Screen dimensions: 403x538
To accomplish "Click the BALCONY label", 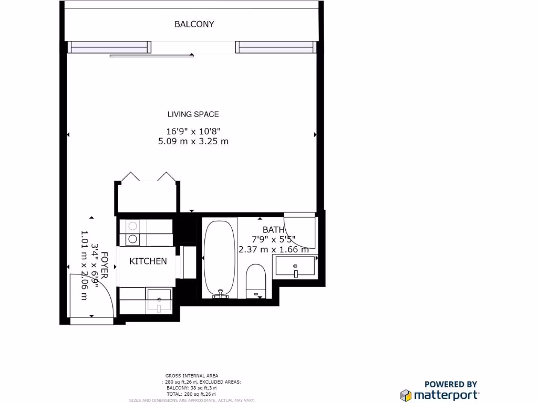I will (194, 24).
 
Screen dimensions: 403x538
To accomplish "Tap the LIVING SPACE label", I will (193, 114).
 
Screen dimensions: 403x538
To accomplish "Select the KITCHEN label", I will (148, 261).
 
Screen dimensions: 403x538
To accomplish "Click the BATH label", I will (273, 230).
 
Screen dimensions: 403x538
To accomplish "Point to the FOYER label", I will (104, 265).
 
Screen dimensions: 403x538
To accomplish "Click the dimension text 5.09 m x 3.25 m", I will (193, 141).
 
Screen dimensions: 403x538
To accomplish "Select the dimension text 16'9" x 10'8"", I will (193, 131).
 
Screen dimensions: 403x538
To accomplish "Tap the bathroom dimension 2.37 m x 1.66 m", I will (273, 250).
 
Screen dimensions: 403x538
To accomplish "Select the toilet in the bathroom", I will (256, 280).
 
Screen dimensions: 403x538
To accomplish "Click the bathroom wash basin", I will (295, 267).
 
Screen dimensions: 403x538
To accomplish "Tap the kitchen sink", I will (158, 300).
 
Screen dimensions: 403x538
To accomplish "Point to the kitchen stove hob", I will (133, 232).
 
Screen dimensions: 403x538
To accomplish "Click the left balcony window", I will (109, 47).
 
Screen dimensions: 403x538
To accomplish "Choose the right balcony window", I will (276, 47).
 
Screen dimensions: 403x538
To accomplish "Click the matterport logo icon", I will (406, 395).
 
